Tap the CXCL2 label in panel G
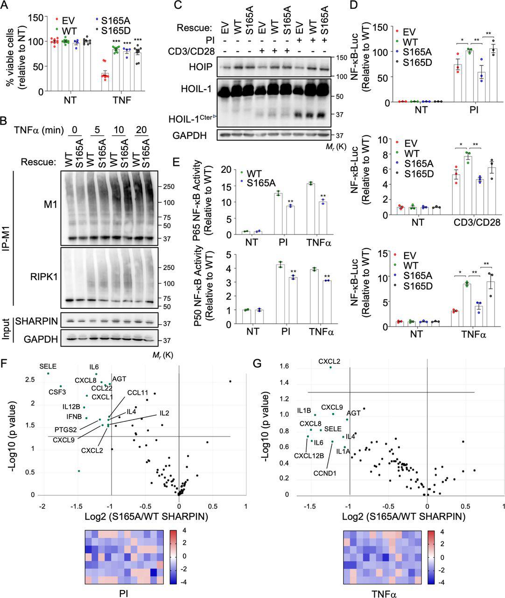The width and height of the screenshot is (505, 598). (x=329, y=361)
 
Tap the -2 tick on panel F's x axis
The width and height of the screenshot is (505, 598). (x=42, y=506)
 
